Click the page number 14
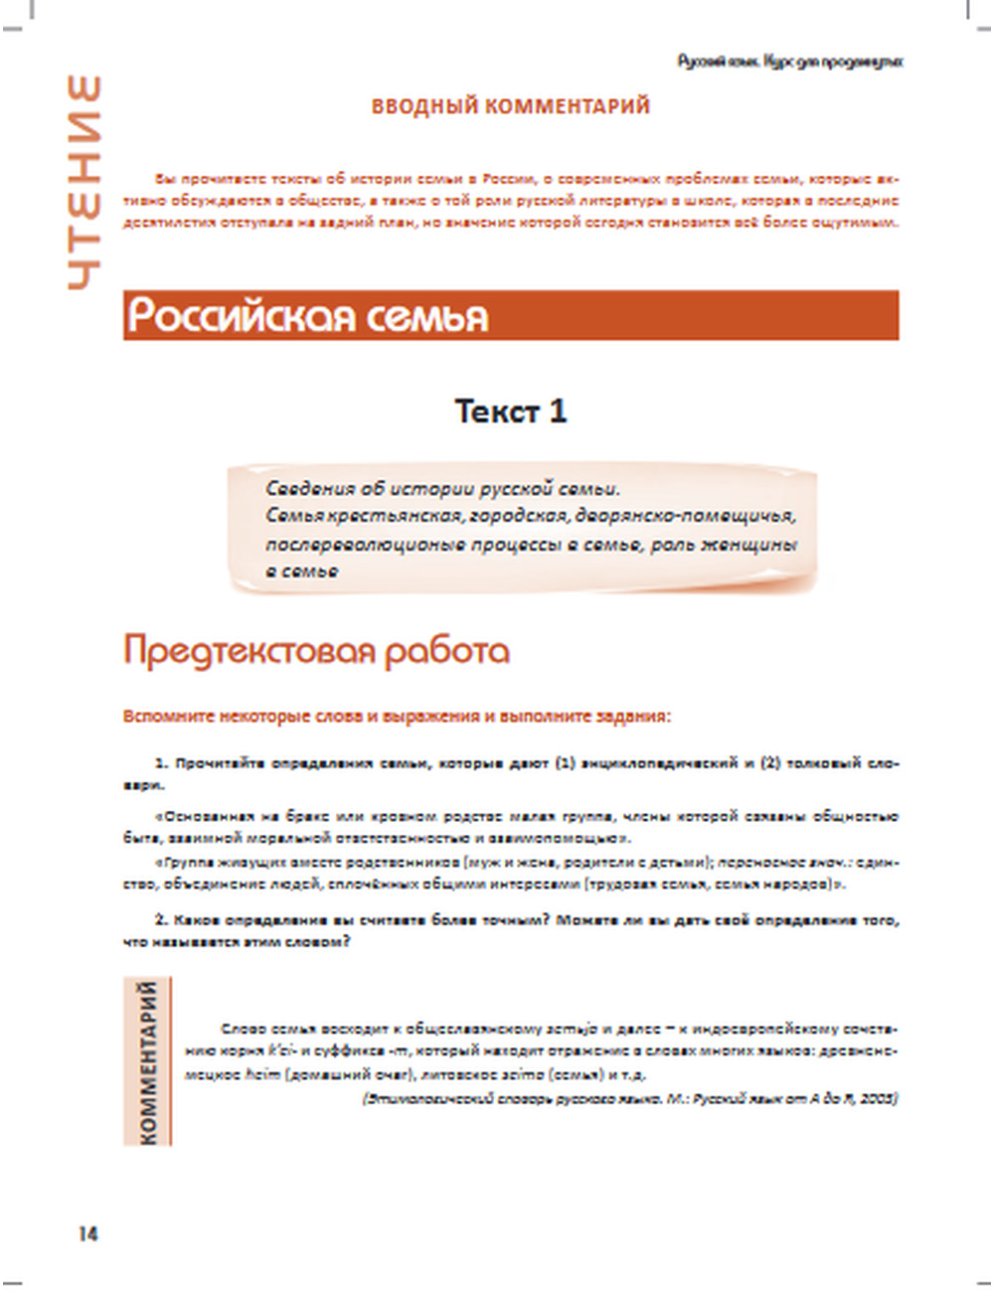tap(88, 1233)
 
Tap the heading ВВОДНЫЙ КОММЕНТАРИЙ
tap(511, 106)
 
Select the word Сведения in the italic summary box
tap(309, 488)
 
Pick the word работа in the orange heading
tap(446, 650)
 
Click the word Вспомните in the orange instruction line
tap(161, 716)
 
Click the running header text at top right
tap(790, 62)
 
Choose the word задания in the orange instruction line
tap(637, 716)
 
